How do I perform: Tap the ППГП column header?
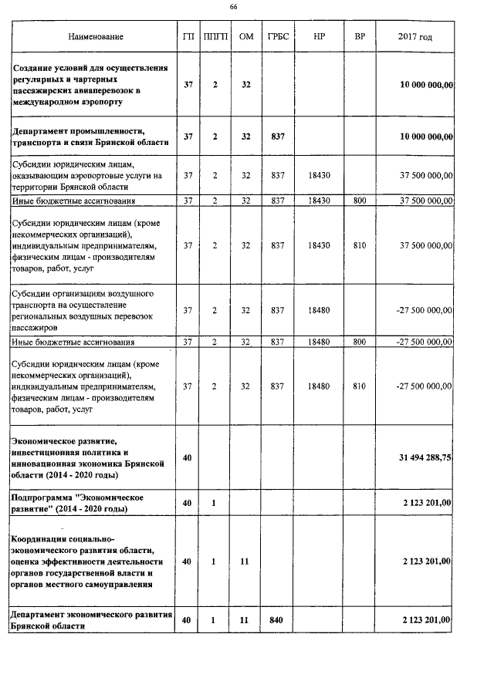pos(215,37)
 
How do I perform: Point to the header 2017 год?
pos(415,37)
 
